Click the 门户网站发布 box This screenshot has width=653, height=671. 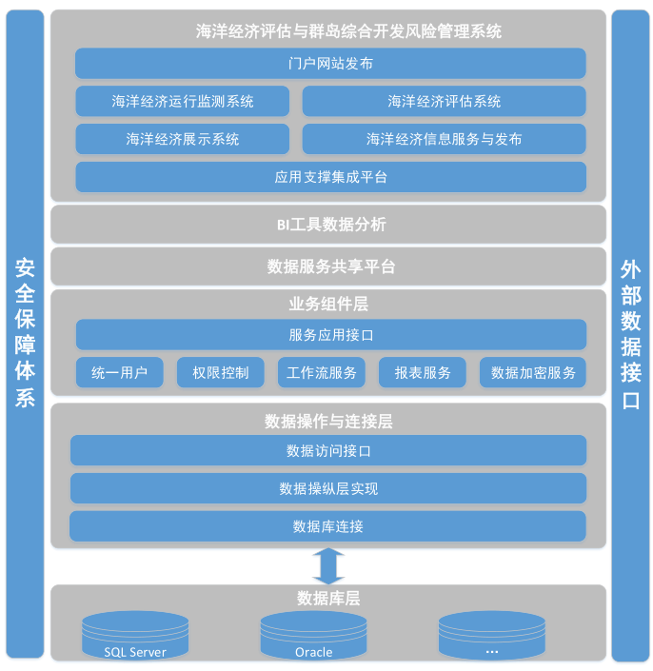pyautogui.click(x=330, y=64)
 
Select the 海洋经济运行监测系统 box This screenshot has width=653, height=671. pyautogui.click(x=183, y=101)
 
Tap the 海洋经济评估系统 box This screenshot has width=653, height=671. pyautogui.click(x=444, y=101)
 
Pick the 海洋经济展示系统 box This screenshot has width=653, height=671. pyautogui.click(x=183, y=139)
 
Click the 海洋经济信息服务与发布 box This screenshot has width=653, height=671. pyautogui.click(x=444, y=139)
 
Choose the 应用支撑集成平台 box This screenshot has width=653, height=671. pyautogui.click(x=330, y=177)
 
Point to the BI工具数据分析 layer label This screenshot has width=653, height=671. pyautogui.click(x=331, y=225)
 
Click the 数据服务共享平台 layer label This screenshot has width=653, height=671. pyautogui.click(x=331, y=266)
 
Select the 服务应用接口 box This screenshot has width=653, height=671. pyautogui.click(x=330, y=335)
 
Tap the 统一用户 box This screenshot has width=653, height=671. pyautogui.click(x=119, y=372)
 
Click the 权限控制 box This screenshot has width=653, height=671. pyautogui.click(x=221, y=372)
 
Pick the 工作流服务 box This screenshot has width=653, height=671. pyautogui.click(x=322, y=372)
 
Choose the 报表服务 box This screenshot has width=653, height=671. pyautogui.click(x=423, y=372)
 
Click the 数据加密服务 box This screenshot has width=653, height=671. pyautogui.click(x=533, y=372)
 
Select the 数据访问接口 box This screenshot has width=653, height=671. pyautogui.click(x=328, y=450)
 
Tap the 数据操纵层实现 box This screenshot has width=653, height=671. pyautogui.click(x=328, y=488)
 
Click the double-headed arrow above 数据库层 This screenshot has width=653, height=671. pyautogui.click(x=328, y=566)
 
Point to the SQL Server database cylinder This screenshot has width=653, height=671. pyautogui.click(x=135, y=636)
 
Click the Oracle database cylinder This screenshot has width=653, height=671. pyautogui.click(x=314, y=636)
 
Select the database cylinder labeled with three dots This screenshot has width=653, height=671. pyautogui.click(x=492, y=636)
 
